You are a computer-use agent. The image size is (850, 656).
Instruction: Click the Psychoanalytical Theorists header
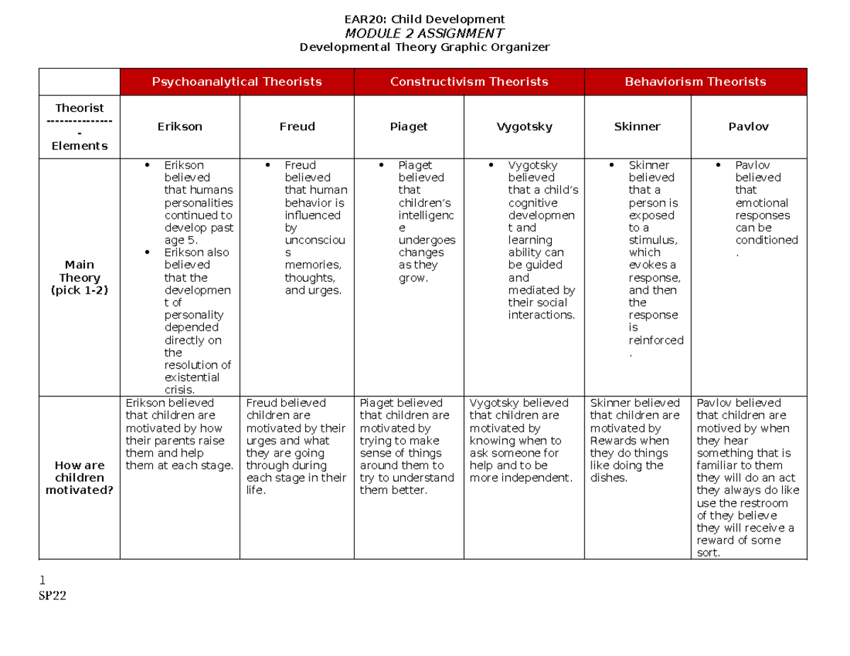click(237, 82)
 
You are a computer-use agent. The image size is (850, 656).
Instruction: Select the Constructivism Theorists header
click(469, 82)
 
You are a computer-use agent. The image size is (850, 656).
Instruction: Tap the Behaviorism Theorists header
click(695, 82)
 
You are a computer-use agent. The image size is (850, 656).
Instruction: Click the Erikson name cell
click(180, 127)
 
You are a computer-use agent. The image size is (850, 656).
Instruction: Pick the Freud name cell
click(297, 127)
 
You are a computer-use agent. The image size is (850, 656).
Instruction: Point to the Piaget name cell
click(409, 127)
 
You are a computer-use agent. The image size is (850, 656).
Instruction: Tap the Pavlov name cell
click(748, 127)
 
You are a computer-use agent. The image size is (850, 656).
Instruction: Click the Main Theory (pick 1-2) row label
click(79, 277)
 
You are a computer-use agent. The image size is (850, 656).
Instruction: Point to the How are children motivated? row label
click(79, 478)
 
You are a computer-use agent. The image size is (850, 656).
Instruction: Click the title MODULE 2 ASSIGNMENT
click(424, 33)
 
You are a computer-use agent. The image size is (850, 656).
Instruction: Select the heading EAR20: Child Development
click(424, 19)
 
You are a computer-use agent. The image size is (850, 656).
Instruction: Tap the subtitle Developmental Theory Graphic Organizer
click(424, 47)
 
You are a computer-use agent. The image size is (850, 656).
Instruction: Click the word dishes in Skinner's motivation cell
click(608, 478)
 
